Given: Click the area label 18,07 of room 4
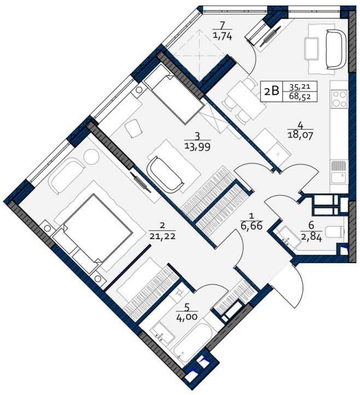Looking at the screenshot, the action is click(x=300, y=135).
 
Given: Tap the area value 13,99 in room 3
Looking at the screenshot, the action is click(x=198, y=147).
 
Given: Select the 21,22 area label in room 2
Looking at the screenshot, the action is click(x=162, y=236).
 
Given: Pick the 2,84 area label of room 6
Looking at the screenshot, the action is click(x=311, y=237).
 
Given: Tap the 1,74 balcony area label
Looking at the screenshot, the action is click(x=223, y=37).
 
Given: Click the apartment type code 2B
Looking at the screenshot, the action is click(x=271, y=91).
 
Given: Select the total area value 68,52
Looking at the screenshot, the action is click(x=300, y=96).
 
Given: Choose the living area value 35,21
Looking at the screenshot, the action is click(x=300, y=87).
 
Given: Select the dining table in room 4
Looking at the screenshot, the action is click(x=246, y=99).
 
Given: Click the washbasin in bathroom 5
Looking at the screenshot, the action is click(x=162, y=333).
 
